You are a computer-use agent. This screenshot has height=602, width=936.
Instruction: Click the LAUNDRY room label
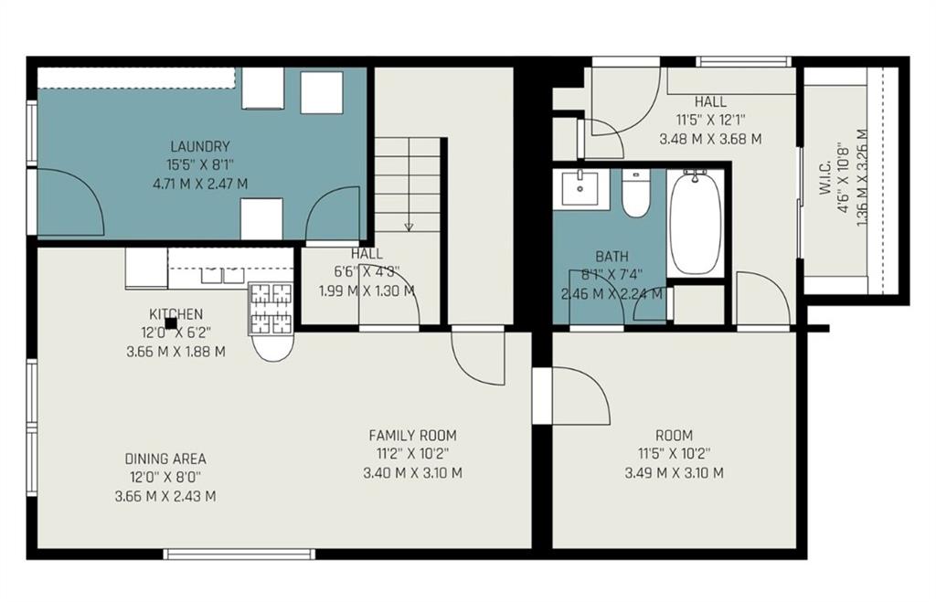point(199,146)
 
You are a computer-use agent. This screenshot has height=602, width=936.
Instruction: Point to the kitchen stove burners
point(271,308)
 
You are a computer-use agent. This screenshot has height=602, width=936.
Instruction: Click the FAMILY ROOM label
point(412,436)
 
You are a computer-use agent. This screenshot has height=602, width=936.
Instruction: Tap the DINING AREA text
point(165,459)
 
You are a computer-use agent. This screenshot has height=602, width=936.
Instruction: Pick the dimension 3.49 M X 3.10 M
point(674,473)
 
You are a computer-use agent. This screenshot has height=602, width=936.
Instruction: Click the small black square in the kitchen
point(170,322)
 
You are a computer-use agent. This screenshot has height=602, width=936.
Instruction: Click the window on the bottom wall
point(239,554)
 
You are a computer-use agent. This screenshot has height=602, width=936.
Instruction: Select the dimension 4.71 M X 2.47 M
point(199,184)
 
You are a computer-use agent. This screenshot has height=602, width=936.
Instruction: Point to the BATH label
point(612,257)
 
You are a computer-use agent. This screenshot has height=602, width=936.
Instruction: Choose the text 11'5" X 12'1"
point(710,120)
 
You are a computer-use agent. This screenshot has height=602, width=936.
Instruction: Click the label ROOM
point(674,436)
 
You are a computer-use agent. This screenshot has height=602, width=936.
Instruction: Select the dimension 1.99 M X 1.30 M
point(366,290)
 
